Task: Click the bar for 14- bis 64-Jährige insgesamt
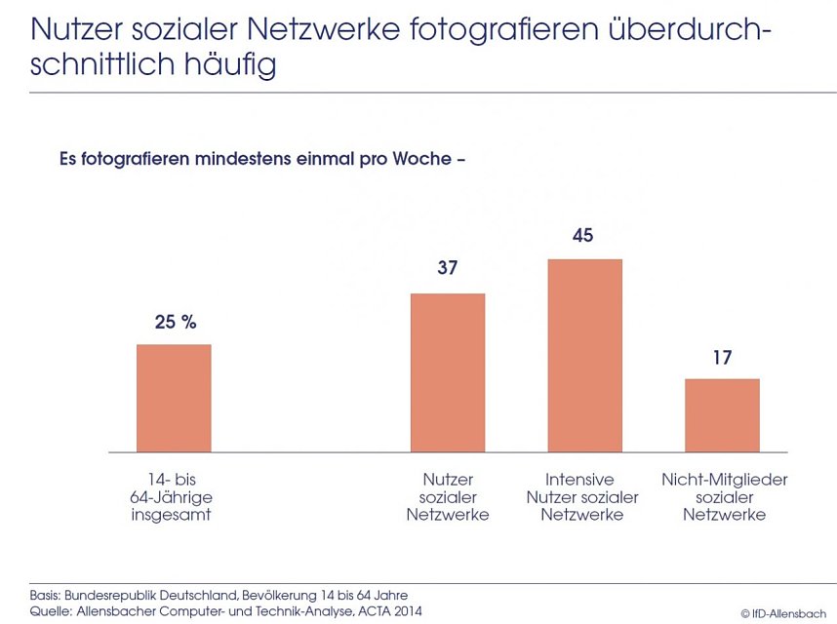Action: point(174,398)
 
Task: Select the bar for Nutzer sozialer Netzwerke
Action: point(448,372)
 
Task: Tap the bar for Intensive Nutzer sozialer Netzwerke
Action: point(584,355)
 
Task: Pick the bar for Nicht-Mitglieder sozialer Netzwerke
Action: point(722,415)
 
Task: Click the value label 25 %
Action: point(176,322)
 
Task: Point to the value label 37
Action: point(448,270)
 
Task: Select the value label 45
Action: point(584,236)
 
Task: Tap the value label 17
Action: point(722,357)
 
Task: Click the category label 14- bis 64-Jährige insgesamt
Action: point(172,496)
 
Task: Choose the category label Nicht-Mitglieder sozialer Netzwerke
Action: point(724,496)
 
